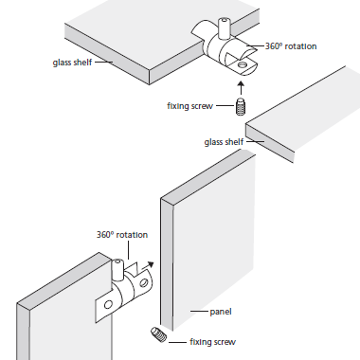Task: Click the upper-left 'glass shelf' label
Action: [72, 63]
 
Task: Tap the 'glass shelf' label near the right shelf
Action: [224, 142]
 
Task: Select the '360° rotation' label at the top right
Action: [291, 46]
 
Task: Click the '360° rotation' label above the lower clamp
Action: [122, 235]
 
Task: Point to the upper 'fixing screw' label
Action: [189, 106]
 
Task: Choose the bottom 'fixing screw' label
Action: [212, 342]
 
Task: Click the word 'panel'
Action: [221, 312]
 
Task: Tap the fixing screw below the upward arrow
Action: [242, 107]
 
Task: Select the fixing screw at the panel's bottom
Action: [158, 334]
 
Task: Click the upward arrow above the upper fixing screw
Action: [242, 88]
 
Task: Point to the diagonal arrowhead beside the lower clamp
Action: [151, 264]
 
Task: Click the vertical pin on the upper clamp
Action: [224, 28]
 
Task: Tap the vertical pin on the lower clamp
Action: [117, 270]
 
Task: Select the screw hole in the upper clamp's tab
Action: [243, 64]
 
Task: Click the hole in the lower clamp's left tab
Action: [108, 305]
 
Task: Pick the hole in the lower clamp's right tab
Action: [144, 282]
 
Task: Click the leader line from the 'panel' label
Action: [199, 311]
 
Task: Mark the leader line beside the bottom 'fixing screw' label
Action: [177, 342]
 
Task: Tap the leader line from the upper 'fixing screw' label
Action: [225, 105]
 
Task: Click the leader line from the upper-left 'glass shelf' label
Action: [104, 62]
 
